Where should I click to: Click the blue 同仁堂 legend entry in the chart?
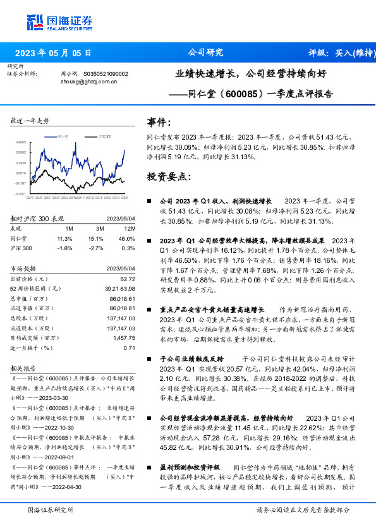[x=63, y=136]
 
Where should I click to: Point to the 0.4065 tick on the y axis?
[x=21, y=142]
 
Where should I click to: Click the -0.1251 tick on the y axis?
[x=21, y=194]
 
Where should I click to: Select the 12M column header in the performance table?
[x=130, y=227]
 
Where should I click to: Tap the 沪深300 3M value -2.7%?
[x=95, y=248]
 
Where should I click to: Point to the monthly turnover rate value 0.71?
[x=130, y=348]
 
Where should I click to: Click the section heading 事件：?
[x=159, y=122]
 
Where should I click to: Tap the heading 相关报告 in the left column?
[x=23, y=368]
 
